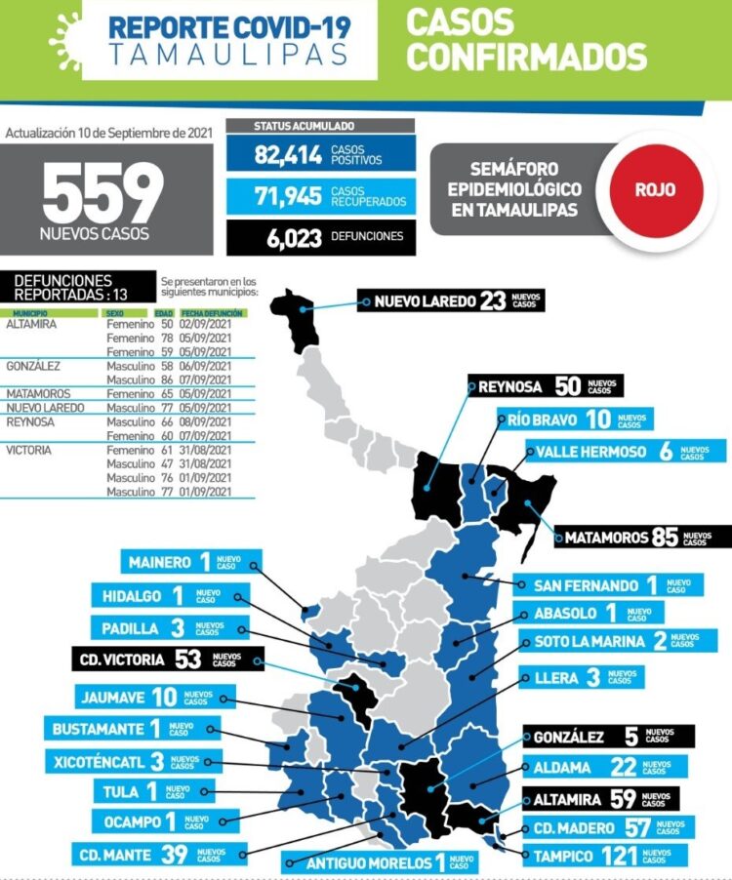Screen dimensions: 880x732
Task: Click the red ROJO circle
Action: [x=655, y=190]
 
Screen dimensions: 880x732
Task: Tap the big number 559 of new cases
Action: [x=102, y=192]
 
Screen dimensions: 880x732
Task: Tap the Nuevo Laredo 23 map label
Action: [x=450, y=300]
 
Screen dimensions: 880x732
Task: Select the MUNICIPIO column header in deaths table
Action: [x=30, y=313]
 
